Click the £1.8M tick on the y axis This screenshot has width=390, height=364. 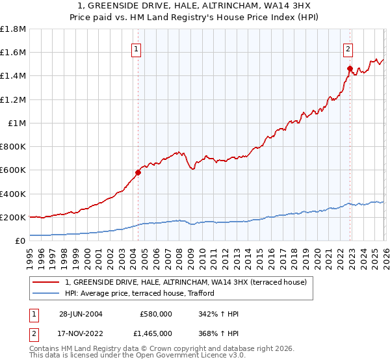(13, 29)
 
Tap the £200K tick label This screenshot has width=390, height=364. (13, 217)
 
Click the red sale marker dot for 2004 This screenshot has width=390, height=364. (138, 172)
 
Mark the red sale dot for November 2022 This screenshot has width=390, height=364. (350, 68)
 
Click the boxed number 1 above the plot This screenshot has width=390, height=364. (137, 48)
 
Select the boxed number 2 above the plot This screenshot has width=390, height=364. (348, 48)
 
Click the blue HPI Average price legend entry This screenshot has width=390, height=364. (139, 294)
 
